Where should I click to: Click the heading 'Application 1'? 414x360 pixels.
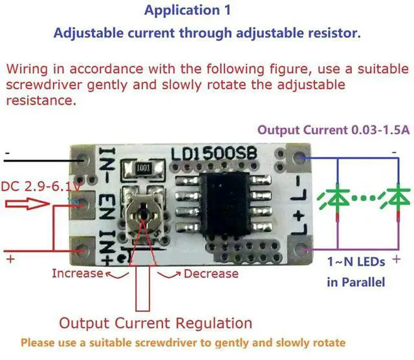click(182, 11)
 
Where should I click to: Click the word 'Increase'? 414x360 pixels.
click(78, 273)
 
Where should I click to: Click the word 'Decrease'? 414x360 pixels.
click(211, 273)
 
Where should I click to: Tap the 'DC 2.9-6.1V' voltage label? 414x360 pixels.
click(38, 186)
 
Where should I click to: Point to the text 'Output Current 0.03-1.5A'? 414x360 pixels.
click(333, 129)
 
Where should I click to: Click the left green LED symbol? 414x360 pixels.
click(338, 198)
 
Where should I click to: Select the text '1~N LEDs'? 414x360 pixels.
click(356, 262)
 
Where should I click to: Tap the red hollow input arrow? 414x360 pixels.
click(26, 206)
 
